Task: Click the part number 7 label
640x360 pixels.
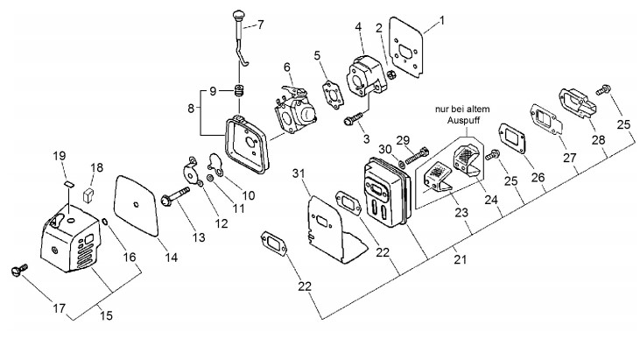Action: (x=260, y=25)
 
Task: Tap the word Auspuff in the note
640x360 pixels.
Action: (x=463, y=120)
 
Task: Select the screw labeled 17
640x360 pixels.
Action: (x=19, y=269)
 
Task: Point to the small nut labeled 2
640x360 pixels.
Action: (x=391, y=74)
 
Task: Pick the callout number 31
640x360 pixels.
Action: (x=299, y=173)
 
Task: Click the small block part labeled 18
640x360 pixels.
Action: (x=88, y=194)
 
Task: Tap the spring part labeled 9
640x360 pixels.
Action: (x=239, y=90)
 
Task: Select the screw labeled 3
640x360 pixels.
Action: (x=354, y=119)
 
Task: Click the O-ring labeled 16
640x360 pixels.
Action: (x=104, y=222)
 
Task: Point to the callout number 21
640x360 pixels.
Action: (x=460, y=259)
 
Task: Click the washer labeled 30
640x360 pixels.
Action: (x=401, y=164)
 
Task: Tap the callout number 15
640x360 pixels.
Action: (x=106, y=315)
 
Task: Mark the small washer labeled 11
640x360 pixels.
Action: (x=209, y=178)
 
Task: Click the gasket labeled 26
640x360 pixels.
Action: (x=512, y=138)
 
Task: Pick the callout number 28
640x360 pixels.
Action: (x=598, y=140)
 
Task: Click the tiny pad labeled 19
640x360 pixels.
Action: (x=69, y=183)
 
